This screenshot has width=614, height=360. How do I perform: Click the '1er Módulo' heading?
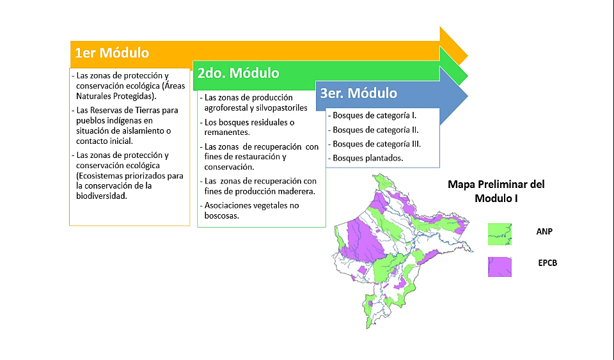(112, 53)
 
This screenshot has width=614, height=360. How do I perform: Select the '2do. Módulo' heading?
(238, 73)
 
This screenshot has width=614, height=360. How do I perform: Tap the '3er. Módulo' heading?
(359, 93)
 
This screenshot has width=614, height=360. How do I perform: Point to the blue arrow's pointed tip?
(468, 95)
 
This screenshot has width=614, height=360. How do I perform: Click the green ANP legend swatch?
(500, 234)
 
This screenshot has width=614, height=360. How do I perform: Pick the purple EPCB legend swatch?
(500, 267)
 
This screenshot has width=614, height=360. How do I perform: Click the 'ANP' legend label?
(544, 231)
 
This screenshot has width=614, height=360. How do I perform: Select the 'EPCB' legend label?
(547, 263)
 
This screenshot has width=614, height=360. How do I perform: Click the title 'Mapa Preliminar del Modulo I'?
(496, 191)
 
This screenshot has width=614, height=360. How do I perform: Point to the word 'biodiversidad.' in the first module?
(102, 196)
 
